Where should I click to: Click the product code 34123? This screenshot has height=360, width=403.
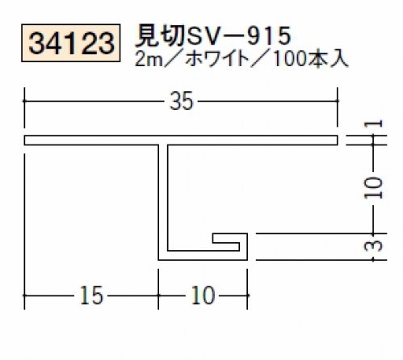click(x=71, y=43)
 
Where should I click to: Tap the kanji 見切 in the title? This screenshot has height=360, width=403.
click(x=160, y=36)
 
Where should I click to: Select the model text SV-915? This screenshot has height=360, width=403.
click(x=238, y=36)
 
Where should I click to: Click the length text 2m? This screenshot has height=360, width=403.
click(x=149, y=60)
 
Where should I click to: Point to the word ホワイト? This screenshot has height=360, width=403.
click(x=217, y=59)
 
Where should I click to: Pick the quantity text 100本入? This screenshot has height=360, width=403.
click(x=310, y=59)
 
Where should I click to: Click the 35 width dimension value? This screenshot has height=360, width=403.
click(x=182, y=101)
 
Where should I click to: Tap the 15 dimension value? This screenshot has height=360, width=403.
click(x=91, y=295)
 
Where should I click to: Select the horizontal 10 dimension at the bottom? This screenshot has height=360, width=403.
click(x=203, y=295)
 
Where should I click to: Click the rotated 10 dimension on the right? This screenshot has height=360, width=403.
click(x=373, y=188)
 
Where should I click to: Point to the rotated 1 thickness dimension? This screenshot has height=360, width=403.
click(x=373, y=123)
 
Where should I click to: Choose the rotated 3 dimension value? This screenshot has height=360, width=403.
click(x=373, y=245)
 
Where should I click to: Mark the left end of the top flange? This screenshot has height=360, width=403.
click(x=25, y=140)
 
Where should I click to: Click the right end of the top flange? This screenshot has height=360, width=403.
click(x=338, y=140)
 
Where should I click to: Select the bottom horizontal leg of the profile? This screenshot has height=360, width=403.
click(x=203, y=256)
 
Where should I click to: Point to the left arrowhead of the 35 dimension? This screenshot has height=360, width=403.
click(x=25, y=101)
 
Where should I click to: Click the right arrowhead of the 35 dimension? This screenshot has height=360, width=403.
click(x=337, y=101)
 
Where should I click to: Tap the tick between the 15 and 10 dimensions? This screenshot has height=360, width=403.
click(x=158, y=295)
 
